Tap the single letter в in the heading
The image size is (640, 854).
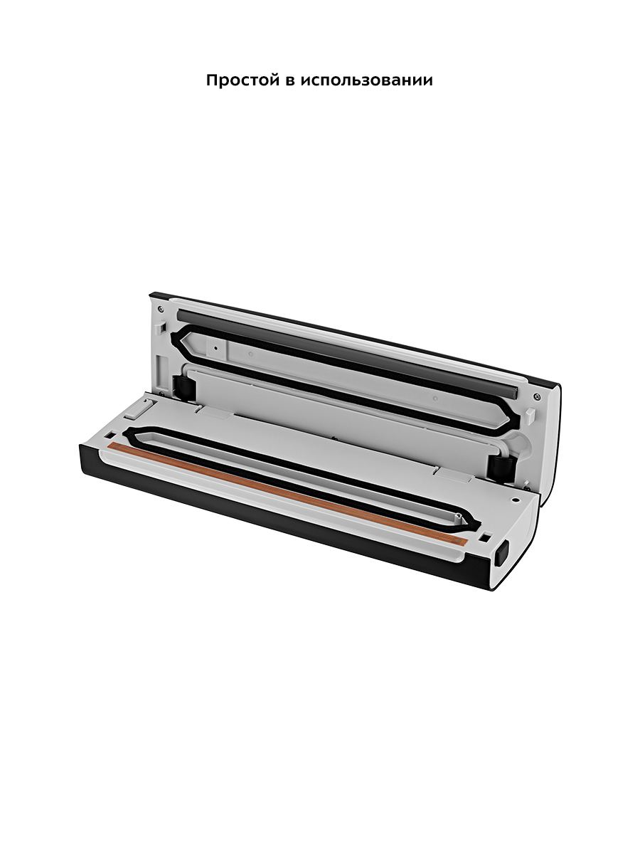(x=291, y=81)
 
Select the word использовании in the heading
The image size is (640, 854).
(x=367, y=81)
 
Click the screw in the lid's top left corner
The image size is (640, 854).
(x=161, y=309)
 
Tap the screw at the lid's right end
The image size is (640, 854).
(x=538, y=397)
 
